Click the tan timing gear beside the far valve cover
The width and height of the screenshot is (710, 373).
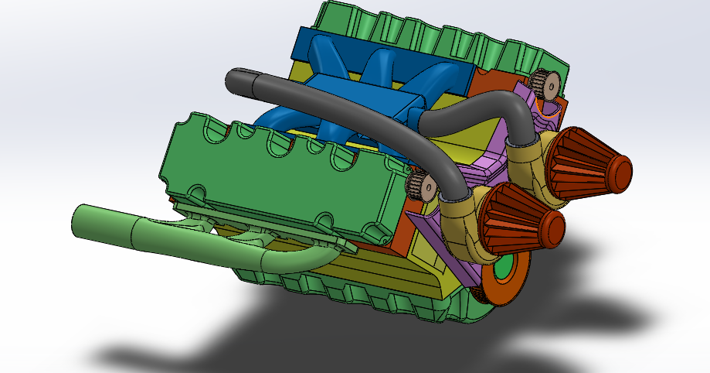[x=546, y=84]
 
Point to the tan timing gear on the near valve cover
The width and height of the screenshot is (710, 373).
[x=420, y=186]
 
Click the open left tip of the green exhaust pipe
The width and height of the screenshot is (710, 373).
[x=77, y=220]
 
